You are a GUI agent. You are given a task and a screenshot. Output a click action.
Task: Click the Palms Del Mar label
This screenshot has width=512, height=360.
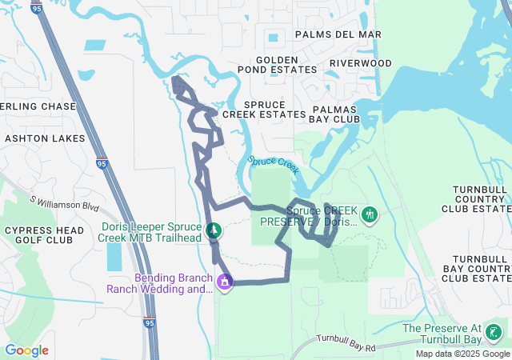[x=338, y=34]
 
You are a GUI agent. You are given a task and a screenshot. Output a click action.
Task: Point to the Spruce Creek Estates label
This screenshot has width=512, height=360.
[x=263, y=110]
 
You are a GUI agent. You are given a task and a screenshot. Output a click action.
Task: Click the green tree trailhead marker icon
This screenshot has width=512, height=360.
[x=214, y=231]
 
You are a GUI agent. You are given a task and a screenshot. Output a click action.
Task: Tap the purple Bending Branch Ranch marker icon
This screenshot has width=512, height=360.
[x=225, y=282]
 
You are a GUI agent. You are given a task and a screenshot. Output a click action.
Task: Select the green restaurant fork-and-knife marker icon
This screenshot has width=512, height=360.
[x=369, y=214]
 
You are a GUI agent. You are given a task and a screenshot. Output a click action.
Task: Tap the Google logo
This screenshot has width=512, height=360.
[x=26, y=350]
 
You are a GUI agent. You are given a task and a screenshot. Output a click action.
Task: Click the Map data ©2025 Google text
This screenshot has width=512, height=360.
[x=462, y=354]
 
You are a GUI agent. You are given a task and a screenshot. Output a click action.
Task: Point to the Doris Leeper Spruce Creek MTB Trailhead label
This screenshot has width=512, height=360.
[x=151, y=232]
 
